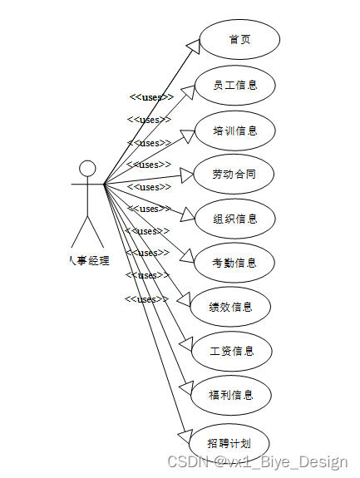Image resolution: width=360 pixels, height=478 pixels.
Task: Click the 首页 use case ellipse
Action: [x=241, y=40]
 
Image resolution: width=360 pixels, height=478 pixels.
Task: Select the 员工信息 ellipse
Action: [x=234, y=85]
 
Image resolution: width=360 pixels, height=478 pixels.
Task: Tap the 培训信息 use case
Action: [x=234, y=131]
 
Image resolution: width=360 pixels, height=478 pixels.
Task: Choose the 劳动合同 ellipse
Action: [x=234, y=175]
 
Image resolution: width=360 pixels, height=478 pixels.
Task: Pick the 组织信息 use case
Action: [x=234, y=219]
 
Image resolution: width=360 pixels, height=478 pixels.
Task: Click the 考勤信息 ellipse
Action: [x=234, y=264]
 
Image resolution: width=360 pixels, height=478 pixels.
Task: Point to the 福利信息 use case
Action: [x=230, y=395]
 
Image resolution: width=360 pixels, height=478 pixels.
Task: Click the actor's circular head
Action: [x=87, y=169]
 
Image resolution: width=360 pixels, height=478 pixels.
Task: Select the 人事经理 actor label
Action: [x=87, y=260]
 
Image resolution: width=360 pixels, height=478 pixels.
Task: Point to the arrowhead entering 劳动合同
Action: [x=185, y=175]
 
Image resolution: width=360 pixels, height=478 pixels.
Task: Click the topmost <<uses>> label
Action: [x=151, y=97]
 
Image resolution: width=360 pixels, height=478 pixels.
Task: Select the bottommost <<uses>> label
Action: [x=146, y=298]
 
